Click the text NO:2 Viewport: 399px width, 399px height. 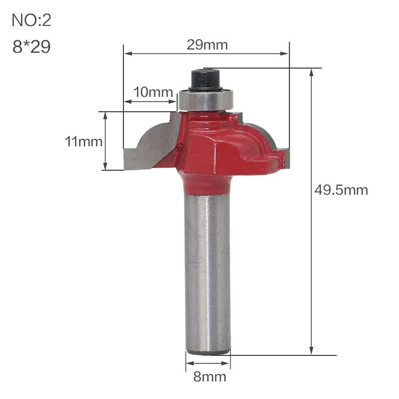click(31, 20)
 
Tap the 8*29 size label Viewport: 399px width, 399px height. click(31, 47)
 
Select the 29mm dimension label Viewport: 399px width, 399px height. click(207, 45)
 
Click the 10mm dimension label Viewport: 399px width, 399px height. click(153, 92)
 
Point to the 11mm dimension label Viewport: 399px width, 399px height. click(84, 142)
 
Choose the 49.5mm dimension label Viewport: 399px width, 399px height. click(341, 190)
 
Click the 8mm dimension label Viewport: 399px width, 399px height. click(210, 377)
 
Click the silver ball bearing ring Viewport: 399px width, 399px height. click(205, 100)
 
